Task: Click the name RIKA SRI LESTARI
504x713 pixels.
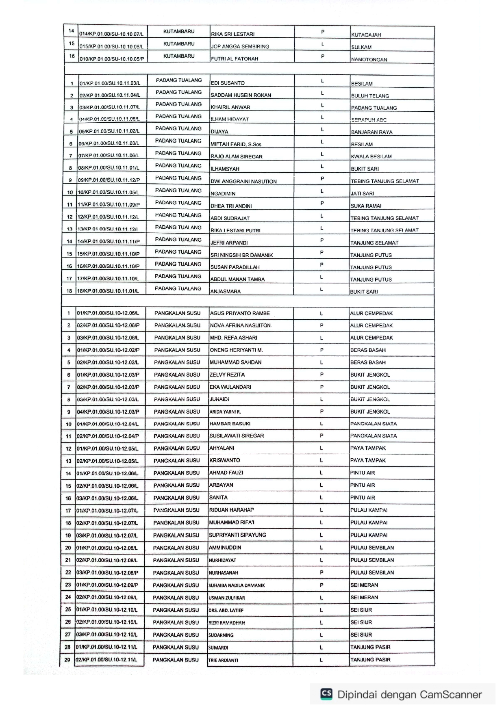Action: click(232, 34)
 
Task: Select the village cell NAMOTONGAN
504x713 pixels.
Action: click(369, 59)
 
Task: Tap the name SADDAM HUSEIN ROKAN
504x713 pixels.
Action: click(241, 95)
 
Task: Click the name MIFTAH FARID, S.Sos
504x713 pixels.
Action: click(236, 144)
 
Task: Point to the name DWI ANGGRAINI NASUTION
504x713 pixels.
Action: click(243, 182)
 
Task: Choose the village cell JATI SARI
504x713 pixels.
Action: click(362, 194)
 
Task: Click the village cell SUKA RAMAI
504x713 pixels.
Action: click(366, 206)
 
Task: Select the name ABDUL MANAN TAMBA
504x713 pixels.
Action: click(237, 280)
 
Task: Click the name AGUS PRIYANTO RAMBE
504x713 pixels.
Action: click(240, 313)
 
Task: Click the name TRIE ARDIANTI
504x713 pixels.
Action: click(223, 660)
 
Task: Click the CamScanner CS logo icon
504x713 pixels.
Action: click(326, 693)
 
